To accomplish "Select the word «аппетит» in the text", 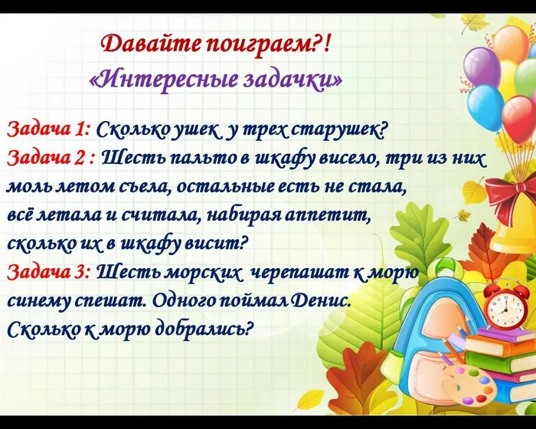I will point(338,215).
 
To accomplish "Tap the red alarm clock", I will point(505,306).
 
